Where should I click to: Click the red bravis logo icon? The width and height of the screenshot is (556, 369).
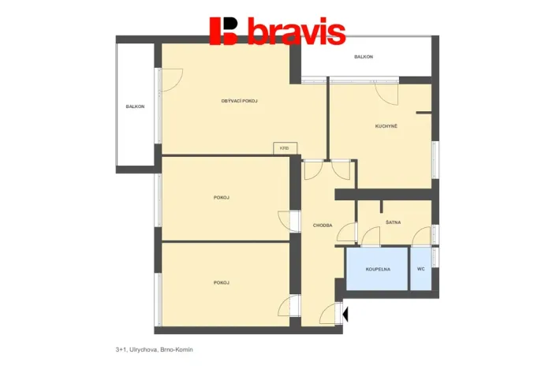coord(223,32)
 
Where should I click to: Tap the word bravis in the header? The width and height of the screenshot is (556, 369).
coord(296,33)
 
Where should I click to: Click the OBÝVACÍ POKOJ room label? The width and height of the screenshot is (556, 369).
coord(240,101)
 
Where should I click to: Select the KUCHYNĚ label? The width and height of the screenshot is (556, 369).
coord(386,126)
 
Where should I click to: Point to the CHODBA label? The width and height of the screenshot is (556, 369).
coord(323,225)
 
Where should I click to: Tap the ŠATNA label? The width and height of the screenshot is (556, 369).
coord(394,222)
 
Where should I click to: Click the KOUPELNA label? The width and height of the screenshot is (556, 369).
coord(378,269)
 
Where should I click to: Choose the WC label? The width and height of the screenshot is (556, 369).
coord(421,269)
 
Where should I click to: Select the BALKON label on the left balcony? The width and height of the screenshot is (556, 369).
coord(135,106)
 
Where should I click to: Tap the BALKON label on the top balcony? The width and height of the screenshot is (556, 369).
coord(364,57)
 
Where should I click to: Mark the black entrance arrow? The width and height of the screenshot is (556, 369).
coord(345,315)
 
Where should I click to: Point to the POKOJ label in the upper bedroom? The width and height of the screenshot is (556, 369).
coord(222,197)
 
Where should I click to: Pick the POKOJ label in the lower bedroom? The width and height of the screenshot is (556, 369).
coord(222,282)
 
